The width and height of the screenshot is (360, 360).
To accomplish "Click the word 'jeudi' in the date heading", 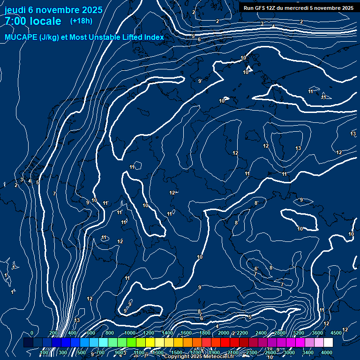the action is [x=16, y=9].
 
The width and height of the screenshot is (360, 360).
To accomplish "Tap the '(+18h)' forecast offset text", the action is [x=81, y=21].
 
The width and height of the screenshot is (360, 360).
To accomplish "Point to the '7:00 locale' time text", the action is [x=33, y=21].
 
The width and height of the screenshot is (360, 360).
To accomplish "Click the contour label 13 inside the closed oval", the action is [x=298, y=148].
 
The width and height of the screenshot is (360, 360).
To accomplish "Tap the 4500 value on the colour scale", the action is [x=336, y=333].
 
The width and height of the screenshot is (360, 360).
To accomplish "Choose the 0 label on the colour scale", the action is [x=32, y=333].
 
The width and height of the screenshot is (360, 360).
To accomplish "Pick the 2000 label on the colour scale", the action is [x=224, y=333].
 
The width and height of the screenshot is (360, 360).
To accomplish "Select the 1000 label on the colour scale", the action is [x=130, y=333].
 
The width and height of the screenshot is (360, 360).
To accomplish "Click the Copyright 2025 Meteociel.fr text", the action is [x=199, y=357].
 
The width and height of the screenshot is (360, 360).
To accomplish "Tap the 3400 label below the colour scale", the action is [x=308, y=352].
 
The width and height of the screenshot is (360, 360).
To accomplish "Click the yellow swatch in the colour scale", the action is [x=150, y=343].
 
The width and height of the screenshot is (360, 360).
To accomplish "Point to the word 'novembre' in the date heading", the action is [x=59, y=9].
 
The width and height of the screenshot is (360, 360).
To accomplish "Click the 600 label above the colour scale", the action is [x=90, y=333].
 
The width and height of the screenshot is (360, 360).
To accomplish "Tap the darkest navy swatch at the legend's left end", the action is [x=28, y=343].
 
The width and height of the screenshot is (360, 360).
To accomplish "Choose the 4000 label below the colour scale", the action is [x=327, y=352].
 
